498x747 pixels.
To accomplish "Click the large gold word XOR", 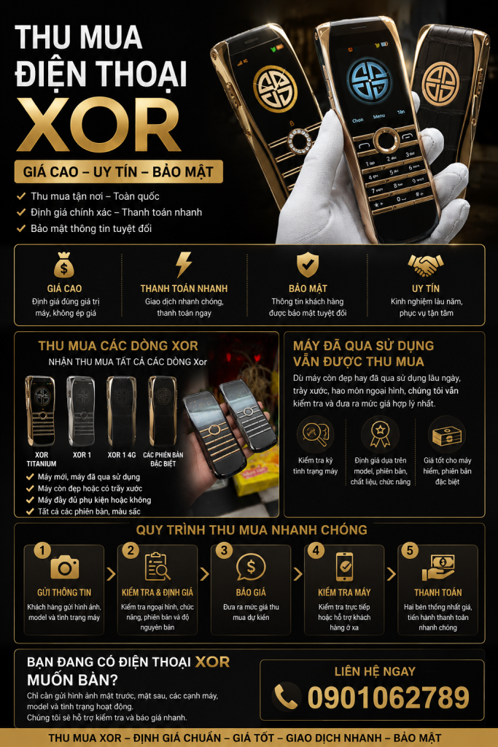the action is (98, 125).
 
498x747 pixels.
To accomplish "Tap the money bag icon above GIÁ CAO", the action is (63, 265).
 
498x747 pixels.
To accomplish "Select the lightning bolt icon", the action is (184, 264).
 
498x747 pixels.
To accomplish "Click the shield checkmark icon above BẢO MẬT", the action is (308, 264).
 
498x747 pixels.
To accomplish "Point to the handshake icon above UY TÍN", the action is (426, 265).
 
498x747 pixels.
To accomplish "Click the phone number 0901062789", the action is (389, 697).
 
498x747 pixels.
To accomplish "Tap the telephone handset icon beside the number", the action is (287, 697).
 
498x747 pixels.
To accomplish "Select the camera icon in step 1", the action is (65, 568).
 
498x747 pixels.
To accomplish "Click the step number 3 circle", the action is (224, 550).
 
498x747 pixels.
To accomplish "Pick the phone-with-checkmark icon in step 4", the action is (345, 566).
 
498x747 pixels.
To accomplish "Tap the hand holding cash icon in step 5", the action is (438, 567).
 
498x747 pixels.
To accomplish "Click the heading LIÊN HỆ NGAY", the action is (375, 672).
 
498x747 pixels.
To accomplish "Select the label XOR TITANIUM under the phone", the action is (42, 460).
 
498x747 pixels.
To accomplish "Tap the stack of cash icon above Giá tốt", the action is (447, 436).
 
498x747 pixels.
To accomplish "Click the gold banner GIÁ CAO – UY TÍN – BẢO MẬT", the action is (119, 171).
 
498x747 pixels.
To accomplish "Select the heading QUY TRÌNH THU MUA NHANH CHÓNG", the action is (252, 530).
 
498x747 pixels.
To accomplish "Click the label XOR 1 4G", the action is (122, 455).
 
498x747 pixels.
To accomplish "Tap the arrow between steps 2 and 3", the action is (204, 574).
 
